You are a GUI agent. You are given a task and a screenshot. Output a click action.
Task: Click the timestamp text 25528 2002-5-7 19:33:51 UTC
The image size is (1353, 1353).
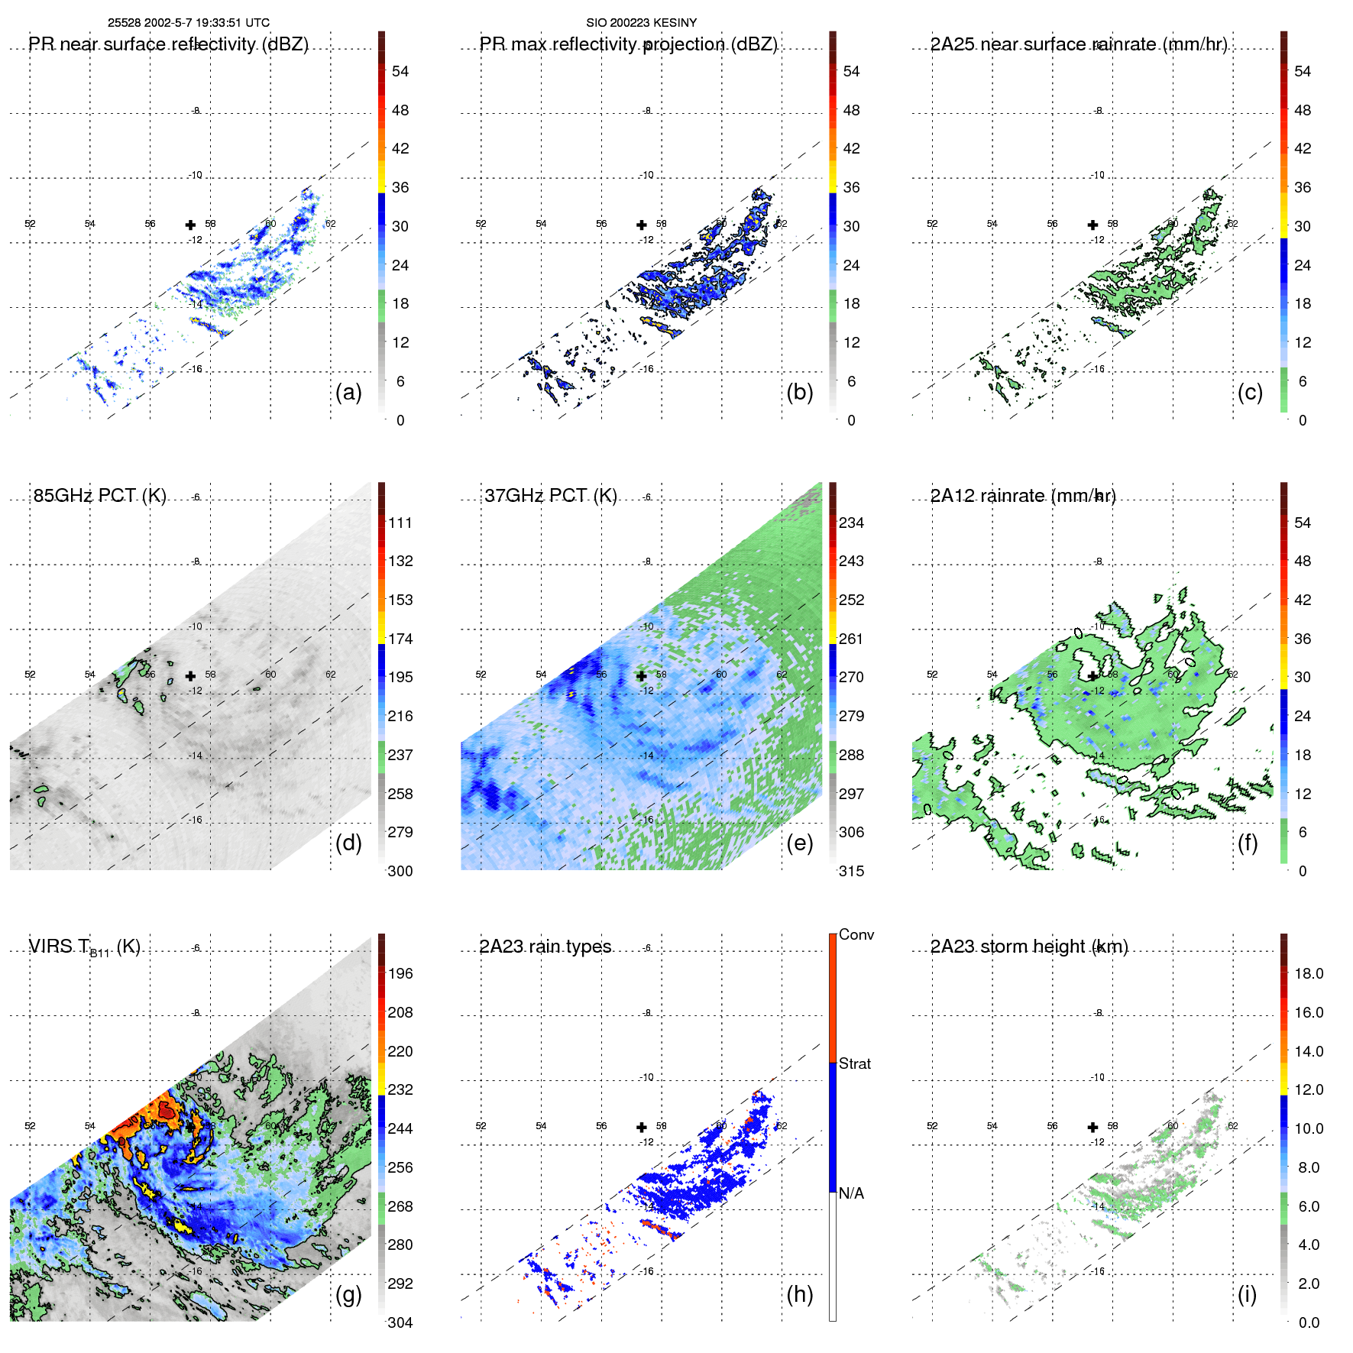[188, 23]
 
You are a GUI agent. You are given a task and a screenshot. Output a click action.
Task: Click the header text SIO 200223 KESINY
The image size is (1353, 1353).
[641, 23]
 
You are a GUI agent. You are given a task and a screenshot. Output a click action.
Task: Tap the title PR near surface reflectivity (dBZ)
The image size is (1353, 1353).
[168, 44]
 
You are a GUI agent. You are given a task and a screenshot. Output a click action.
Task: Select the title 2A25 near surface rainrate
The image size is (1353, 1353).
[1078, 44]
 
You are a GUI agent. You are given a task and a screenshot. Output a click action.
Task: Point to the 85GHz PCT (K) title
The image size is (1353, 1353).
[99, 496]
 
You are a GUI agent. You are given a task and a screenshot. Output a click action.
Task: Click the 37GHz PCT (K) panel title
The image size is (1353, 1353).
[550, 496]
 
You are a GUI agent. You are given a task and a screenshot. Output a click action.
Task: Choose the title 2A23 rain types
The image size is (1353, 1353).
[545, 947]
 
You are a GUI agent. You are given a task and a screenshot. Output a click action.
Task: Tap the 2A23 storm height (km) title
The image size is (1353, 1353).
[1028, 947]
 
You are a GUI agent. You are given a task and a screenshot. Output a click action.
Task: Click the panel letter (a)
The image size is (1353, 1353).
[348, 392]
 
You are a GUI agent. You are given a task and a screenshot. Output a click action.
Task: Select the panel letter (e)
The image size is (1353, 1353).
[799, 843]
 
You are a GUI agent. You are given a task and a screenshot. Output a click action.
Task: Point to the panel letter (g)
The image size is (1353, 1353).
[348, 1294]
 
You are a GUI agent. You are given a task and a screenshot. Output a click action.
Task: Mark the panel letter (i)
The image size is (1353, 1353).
[1247, 1294]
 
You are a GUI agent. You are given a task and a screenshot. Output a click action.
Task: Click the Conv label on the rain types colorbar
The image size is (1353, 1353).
[856, 934]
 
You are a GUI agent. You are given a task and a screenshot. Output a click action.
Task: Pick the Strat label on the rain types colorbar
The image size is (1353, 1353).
[854, 1063]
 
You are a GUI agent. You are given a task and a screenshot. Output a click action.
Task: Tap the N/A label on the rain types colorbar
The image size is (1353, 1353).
[851, 1193]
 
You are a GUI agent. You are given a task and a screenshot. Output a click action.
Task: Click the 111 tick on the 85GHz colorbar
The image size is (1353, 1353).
[400, 523]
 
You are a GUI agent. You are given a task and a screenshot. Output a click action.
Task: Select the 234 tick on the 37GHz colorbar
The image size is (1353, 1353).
[851, 523]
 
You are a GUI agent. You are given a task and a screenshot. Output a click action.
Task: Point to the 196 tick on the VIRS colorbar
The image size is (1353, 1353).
[400, 974]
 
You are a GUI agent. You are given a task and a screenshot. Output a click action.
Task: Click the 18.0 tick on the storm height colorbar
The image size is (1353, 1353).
[1309, 974]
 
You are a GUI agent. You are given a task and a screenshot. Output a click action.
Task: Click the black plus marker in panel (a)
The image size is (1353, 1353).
[190, 225]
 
